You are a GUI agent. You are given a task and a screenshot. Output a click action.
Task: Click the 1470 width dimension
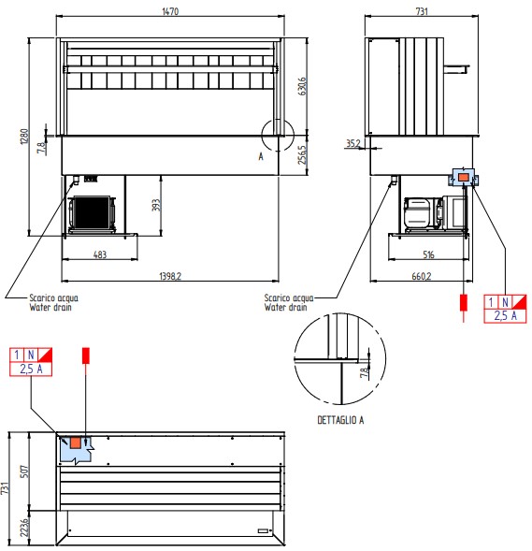[x=170, y=11]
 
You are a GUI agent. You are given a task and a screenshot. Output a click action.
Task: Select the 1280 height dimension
[x=24, y=137]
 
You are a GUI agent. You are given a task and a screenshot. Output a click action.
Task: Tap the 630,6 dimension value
[x=302, y=86]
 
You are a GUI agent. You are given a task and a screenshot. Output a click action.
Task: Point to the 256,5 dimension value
[x=302, y=155]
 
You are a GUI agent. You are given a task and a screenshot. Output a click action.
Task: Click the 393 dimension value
[x=155, y=205]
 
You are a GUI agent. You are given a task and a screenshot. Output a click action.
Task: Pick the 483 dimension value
[x=100, y=254]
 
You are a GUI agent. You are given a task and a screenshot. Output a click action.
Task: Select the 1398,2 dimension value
[x=170, y=276]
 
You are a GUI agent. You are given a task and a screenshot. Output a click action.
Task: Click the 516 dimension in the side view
[x=428, y=254]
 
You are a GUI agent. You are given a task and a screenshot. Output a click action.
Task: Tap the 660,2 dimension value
[x=422, y=276]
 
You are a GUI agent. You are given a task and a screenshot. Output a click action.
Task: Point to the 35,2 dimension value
[x=353, y=143]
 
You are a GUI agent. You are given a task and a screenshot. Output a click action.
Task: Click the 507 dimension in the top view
[x=24, y=471]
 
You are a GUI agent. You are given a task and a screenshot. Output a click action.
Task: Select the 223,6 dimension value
[x=24, y=528]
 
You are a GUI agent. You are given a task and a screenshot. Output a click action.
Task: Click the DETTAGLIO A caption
[x=340, y=420]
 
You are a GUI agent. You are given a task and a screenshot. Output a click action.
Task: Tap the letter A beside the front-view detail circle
[x=261, y=156]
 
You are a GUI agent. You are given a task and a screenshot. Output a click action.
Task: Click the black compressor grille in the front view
[x=92, y=212]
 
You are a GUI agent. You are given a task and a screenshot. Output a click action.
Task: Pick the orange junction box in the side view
[x=464, y=178]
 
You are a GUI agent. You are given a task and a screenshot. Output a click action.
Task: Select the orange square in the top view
[x=76, y=442]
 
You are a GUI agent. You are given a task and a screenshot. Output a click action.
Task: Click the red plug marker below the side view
[x=464, y=302]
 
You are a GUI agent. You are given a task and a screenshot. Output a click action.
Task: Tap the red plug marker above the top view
[x=86, y=355]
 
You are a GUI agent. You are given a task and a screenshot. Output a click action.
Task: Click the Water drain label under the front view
[x=50, y=308]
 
